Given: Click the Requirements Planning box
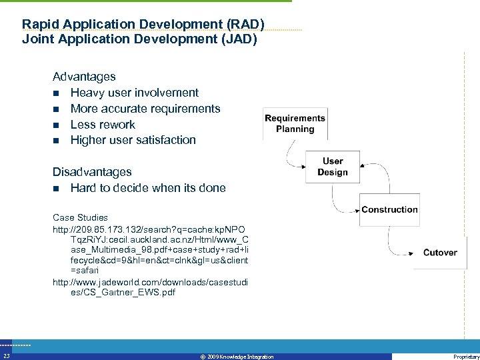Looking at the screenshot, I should click(x=295, y=123).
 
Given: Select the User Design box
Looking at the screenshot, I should click(x=332, y=167).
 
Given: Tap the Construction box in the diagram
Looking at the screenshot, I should click(x=389, y=209).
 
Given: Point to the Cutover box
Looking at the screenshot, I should click(x=440, y=253).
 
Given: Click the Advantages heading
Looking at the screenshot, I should click(x=84, y=77).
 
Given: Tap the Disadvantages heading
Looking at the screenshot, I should click(x=92, y=172).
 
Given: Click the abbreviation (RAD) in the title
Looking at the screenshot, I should click(x=245, y=25).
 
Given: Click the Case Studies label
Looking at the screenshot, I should click(x=80, y=217).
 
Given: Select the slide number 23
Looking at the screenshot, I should click(x=6, y=357).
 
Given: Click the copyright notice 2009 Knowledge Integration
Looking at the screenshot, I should click(x=237, y=357).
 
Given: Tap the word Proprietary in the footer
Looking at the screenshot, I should click(x=465, y=357).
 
